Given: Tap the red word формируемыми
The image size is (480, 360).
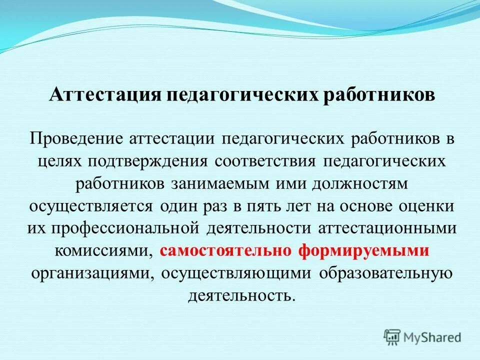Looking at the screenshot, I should point(363,251).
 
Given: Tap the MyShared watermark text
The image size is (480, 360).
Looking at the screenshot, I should point(433,337).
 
